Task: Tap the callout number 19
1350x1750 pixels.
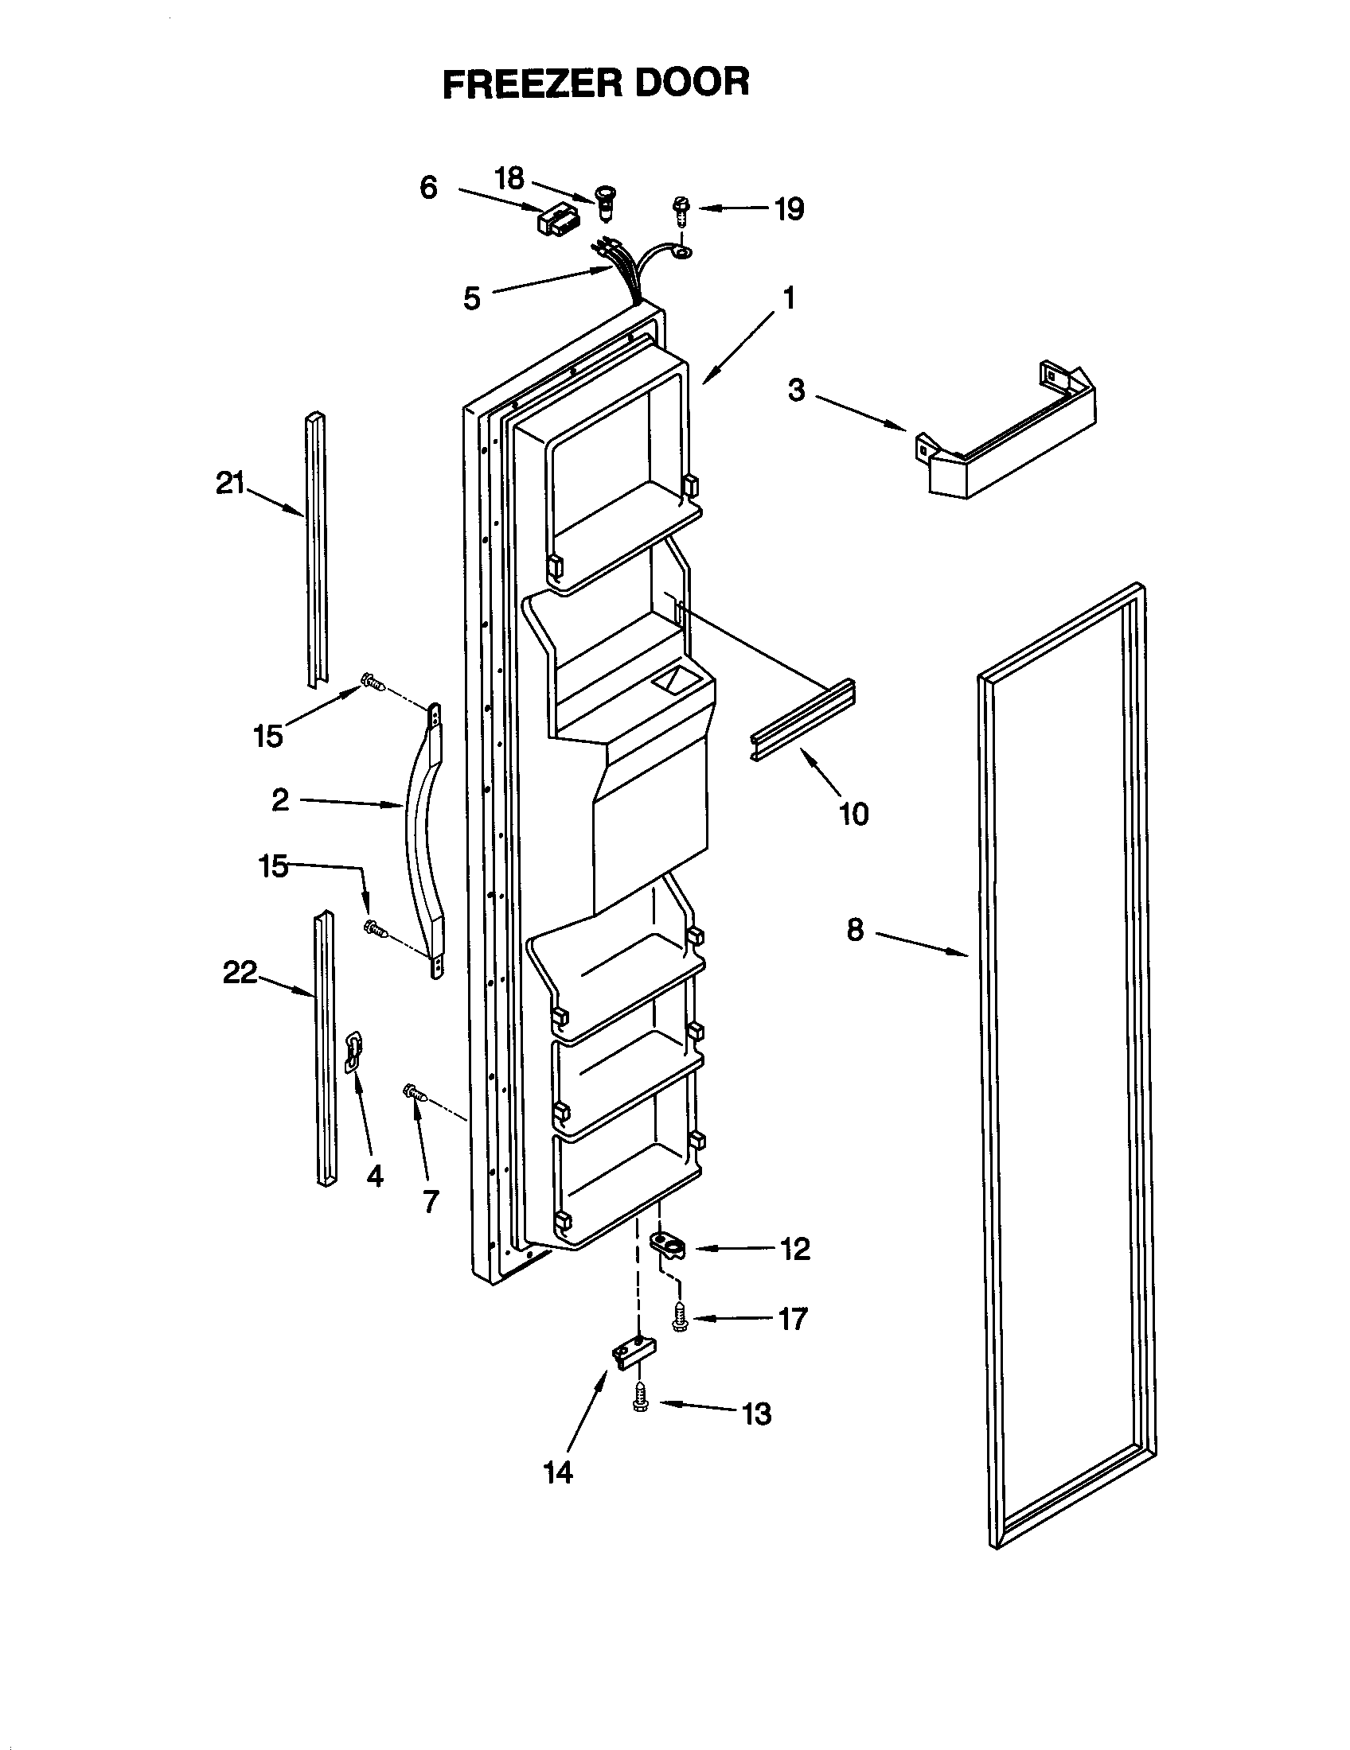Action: [789, 209]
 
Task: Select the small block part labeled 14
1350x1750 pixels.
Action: [634, 1354]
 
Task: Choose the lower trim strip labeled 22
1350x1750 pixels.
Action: [325, 1050]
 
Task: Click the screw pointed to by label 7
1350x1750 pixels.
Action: [416, 1093]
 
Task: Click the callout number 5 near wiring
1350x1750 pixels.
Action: [472, 298]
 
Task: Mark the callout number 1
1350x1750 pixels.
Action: [789, 299]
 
